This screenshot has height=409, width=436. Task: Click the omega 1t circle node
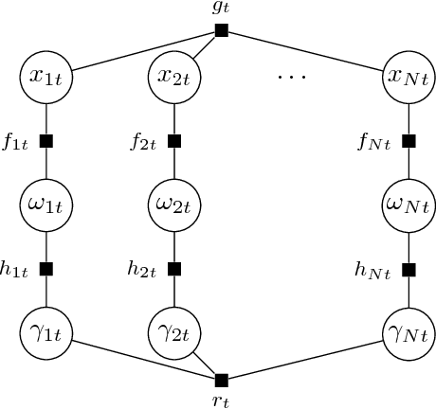click(x=45, y=204)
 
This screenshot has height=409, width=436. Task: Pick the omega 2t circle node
click(x=174, y=204)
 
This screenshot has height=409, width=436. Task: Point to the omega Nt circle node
click(x=409, y=204)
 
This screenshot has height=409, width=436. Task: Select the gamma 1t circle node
click(x=45, y=332)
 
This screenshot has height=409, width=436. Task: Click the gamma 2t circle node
click(x=174, y=332)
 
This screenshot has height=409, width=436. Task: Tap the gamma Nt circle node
click(x=409, y=332)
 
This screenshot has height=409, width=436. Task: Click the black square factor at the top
click(x=222, y=30)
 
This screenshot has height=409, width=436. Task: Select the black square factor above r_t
click(x=222, y=380)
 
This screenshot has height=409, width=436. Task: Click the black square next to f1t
click(x=45, y=142)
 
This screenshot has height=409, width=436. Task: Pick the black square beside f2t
click(x=174, y=142)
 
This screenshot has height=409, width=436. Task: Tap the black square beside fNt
click(x=409, y=142)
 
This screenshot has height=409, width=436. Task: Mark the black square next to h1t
click(x=45, y=269)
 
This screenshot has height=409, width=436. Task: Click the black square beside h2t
click(x=174, y=269)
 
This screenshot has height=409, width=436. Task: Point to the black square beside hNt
click(x=409, y=269)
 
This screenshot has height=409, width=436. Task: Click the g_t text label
click(x=222, y=9)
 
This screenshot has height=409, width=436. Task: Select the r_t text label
click(x=222, y=400)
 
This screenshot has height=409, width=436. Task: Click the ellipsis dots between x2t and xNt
click(x=292, y=75)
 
